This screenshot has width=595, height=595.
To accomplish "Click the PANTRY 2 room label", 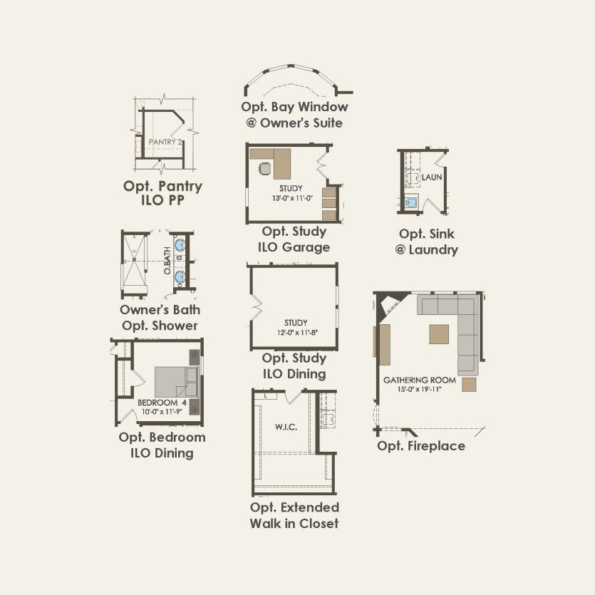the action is (165, 143).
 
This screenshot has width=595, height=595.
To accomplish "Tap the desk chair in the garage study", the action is (266, 168).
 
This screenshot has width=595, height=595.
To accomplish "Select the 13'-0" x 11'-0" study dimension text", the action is (292, 198).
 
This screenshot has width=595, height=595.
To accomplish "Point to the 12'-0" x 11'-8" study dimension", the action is (297, 333).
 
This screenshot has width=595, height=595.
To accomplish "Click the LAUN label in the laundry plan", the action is (432, 177).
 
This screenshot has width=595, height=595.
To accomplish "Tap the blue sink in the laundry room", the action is (411, 202).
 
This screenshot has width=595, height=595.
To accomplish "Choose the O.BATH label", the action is (167, 260).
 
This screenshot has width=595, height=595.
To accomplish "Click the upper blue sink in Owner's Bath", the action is (180, 244).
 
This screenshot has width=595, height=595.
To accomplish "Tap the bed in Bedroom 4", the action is (176, 382).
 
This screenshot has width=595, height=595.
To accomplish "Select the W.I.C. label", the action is (286, 428).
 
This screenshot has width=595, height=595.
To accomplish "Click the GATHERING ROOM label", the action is (420, 380).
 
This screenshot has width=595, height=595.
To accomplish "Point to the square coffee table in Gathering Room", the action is (439, 334).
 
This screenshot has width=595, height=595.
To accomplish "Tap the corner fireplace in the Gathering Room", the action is (389, 304).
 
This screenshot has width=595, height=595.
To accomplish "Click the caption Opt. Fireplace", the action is (421, 446).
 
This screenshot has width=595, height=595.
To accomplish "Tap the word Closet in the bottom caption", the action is (318, 523).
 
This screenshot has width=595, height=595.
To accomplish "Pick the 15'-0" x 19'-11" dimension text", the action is (420, 389).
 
